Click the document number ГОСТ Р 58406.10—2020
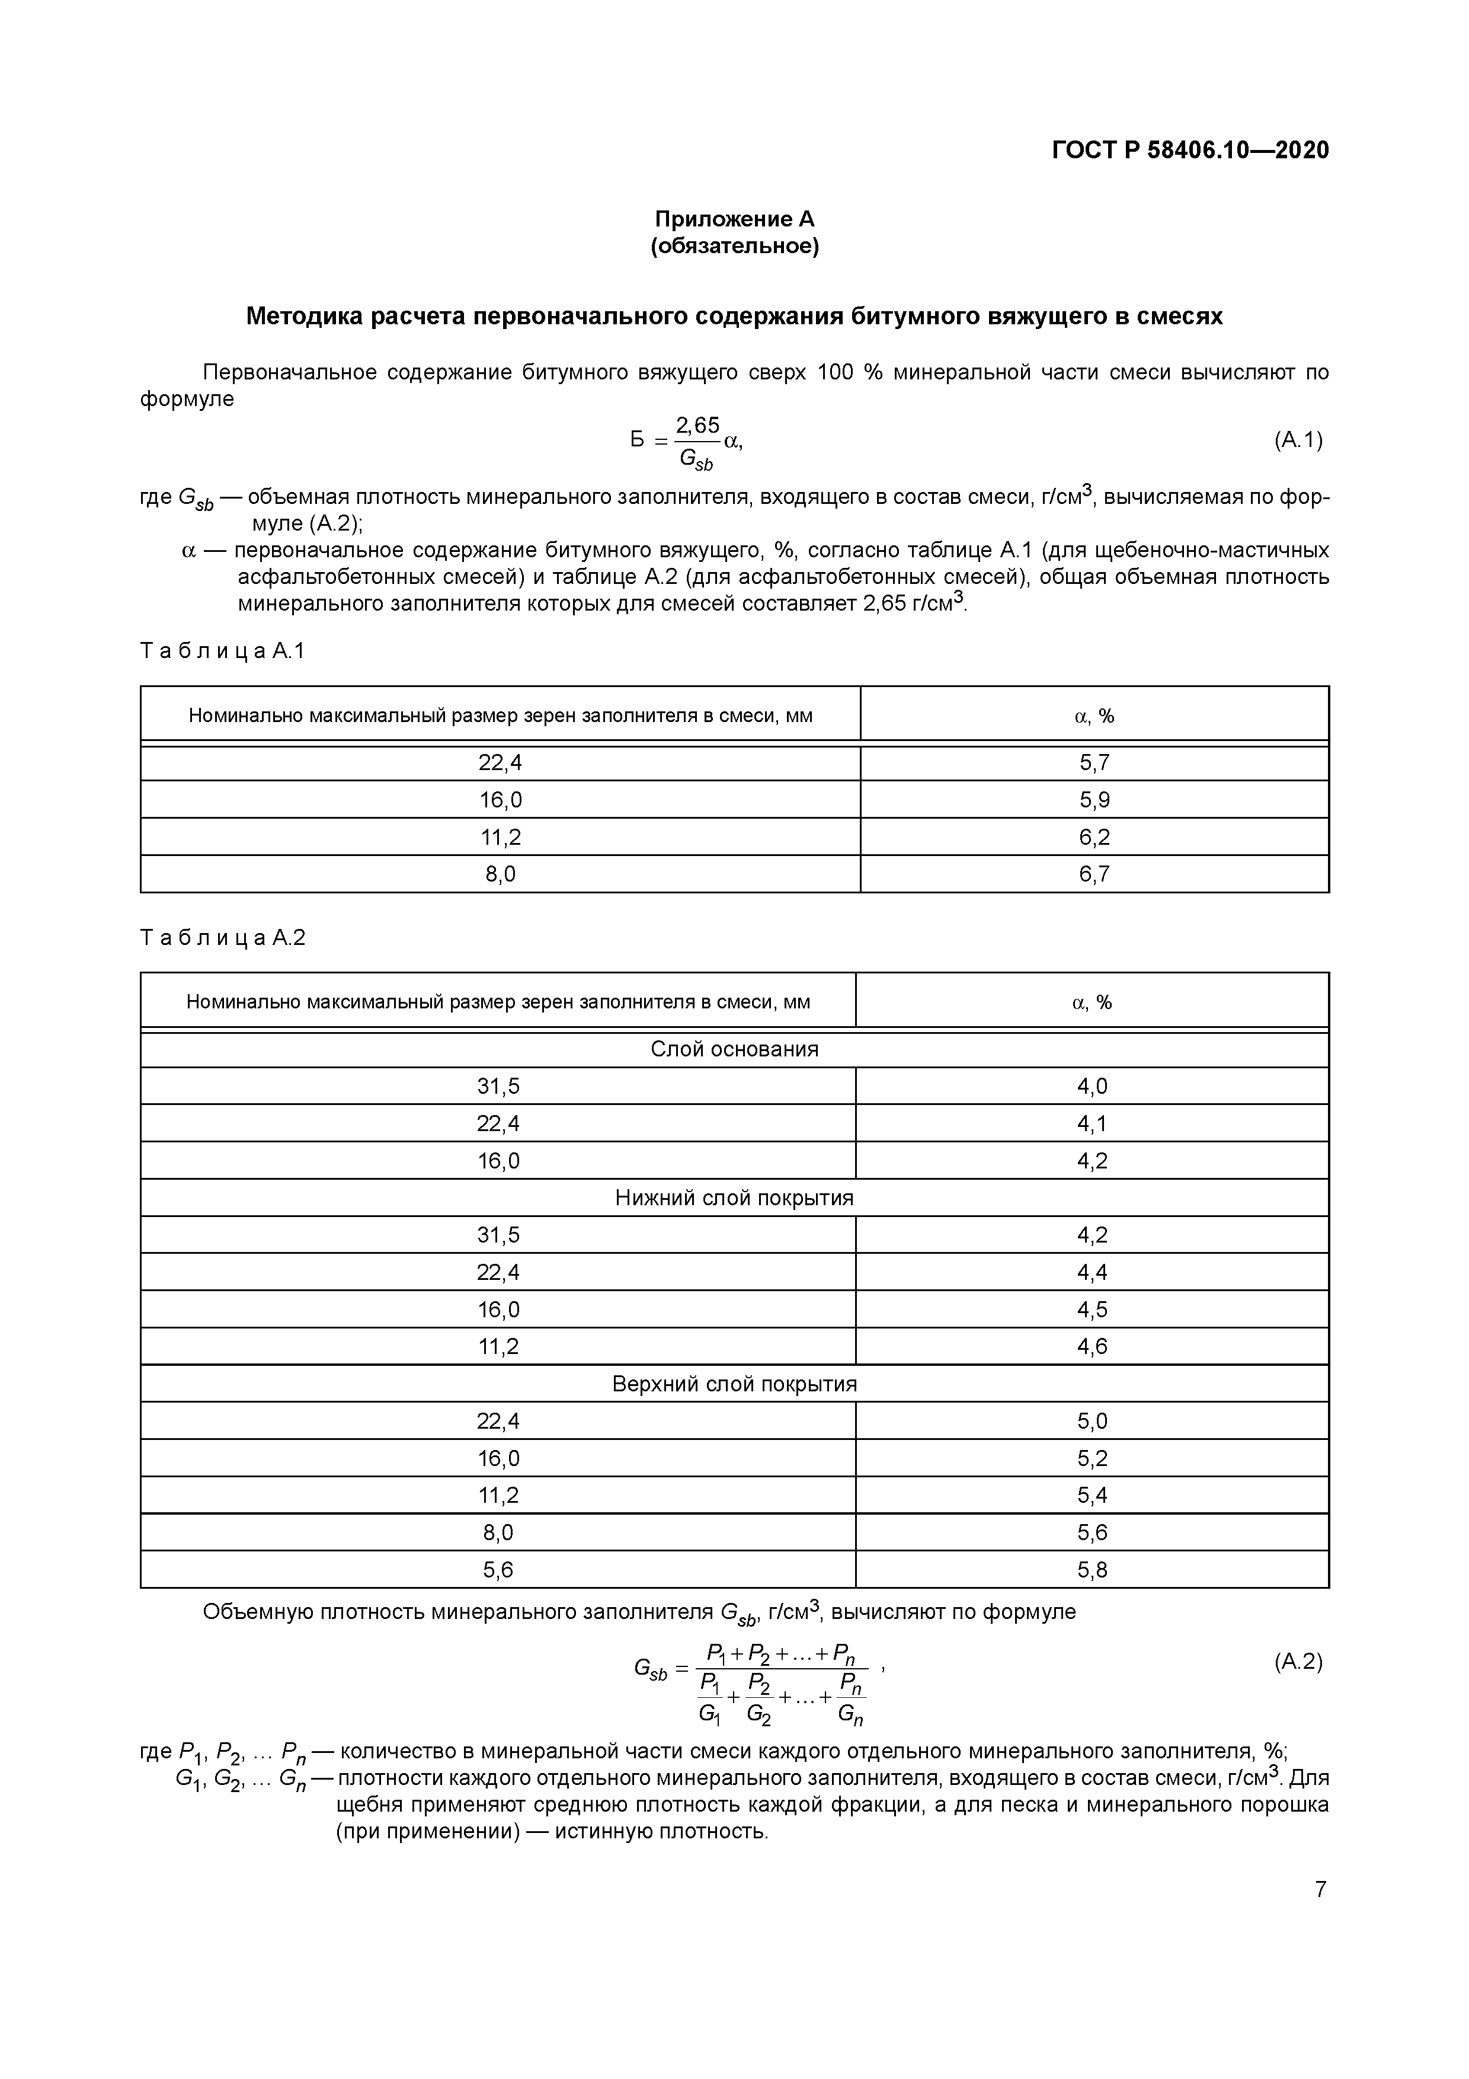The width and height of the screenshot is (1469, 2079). click(x=1190, y=151)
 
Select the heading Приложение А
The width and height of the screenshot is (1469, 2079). click(x=734, y=219)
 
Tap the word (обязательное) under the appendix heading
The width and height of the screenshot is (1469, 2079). click(x=734, y=246)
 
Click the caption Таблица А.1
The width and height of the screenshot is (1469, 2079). click(x=223, y=650)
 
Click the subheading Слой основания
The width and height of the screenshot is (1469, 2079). click(x=734, y=1049)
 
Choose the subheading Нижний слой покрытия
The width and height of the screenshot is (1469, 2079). click(x=734, y=1198)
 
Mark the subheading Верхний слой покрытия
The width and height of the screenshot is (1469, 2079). click(x=734, y=1384)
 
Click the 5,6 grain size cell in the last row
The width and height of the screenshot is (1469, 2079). click(x=498, y=1570)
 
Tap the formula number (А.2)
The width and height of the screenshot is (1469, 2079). click(x=1298, y=1662)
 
